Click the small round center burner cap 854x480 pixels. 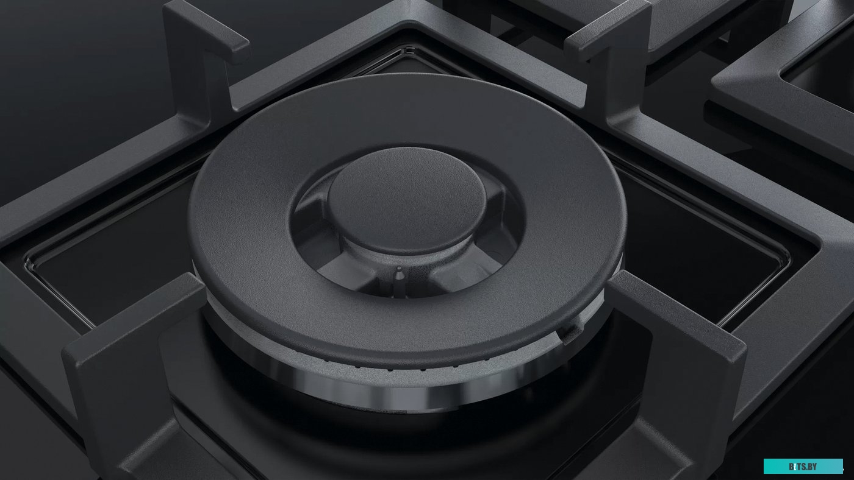(407, 199)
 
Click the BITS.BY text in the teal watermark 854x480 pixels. (803, 467)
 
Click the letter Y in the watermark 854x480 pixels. (816, 467)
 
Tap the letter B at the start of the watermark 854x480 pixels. (791, 467)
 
